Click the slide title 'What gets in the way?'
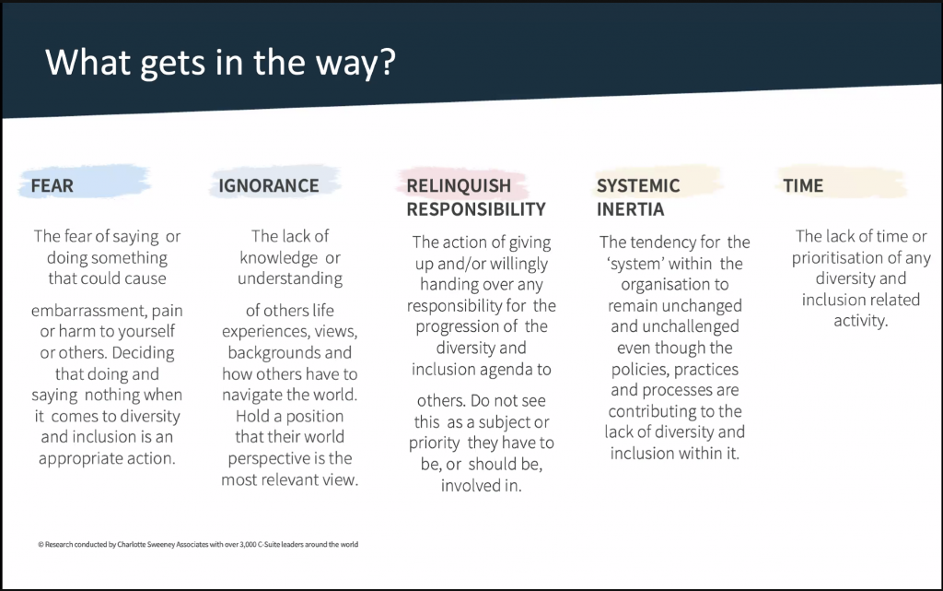pos(221,62)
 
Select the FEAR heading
pos(52,185)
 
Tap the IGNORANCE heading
pos(269,185)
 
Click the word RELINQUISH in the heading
pos(459,185)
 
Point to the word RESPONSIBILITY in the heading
pos(476,209)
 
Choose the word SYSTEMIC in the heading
pos(638,185)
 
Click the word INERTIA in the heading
pos(630,209)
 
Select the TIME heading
pos(803,185)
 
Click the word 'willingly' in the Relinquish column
pos(519,264)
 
